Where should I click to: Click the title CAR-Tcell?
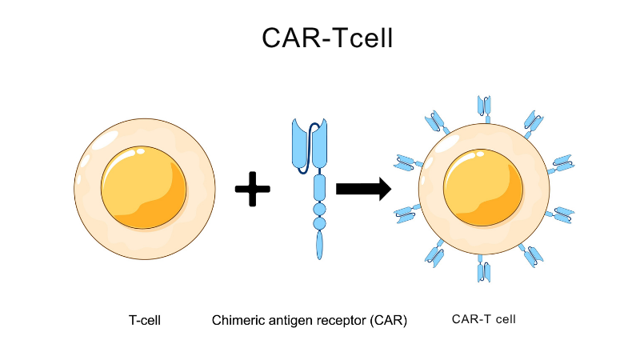click(x=327, y=38)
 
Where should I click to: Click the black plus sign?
click(x=252, y=190)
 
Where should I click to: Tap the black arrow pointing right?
click(x=363, y=189)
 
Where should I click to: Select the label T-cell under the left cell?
click(x=145, y=321)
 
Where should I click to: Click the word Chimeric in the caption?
click(x=238, y=321)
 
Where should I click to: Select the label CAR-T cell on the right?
click(x=484, y=319)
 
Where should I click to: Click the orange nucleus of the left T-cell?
click(x=144, y=189)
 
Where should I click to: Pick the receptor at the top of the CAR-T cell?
click(x=484, y=107)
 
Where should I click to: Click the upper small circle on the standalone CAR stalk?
click(x=320, y=210)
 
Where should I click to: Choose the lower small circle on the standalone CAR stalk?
click(x=320, y=223)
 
